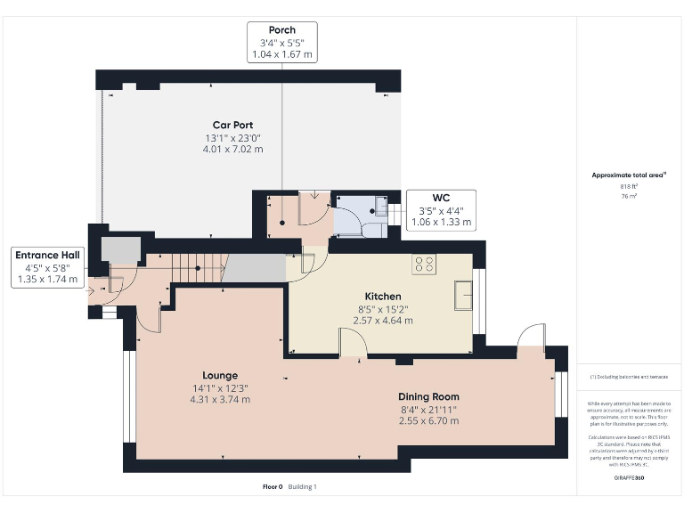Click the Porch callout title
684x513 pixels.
[281, 29]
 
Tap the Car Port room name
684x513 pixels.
[231, 125]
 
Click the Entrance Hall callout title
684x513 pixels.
[48, 256]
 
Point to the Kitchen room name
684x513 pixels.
[383, 296]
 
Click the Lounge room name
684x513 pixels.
[219, 375]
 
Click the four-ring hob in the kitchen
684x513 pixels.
[423, 265]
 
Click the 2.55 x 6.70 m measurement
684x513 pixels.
[429, 420]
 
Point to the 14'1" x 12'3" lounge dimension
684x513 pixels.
[219, 387]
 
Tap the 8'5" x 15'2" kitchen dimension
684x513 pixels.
[383, 308]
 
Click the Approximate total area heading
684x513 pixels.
[629, 175]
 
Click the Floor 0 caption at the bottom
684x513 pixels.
[272, 486]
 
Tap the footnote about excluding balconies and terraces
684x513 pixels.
[629, 377]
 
